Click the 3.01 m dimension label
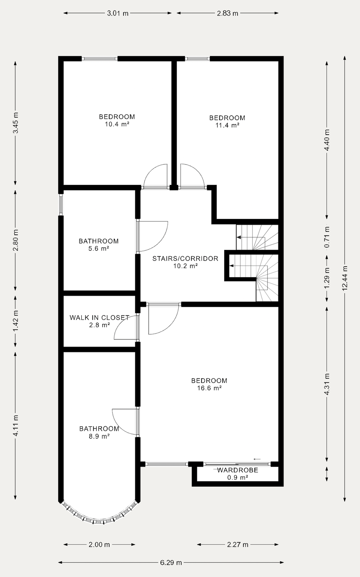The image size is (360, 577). (117, 13)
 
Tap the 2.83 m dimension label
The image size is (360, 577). (227, 13)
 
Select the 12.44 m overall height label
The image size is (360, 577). (345, 278)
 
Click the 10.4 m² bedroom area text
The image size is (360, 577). (117, 124)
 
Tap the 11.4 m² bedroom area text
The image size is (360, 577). (227, 125)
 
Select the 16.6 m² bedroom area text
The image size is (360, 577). (209, 388)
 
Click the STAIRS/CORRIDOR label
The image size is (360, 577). (185, 259)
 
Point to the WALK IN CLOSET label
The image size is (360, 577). (99, 317)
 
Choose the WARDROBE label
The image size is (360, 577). (238, 470)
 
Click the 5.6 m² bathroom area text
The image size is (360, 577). (99, 248)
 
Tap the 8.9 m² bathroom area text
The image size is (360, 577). (99, 436)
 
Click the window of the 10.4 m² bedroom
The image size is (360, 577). (100, 58)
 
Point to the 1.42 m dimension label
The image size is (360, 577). (16, 321)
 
